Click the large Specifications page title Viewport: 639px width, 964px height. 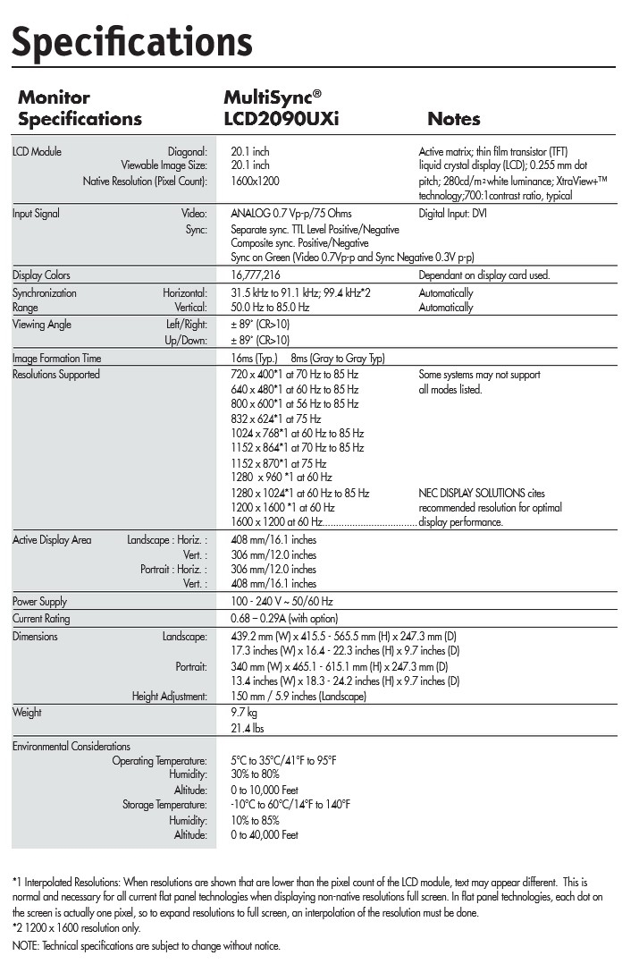point(132,41)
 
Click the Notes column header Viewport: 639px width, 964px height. point(453,119)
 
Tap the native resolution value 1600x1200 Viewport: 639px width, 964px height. point(254,181)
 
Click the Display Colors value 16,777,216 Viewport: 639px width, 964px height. point(255,275)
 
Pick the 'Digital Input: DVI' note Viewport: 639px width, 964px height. point(452,214)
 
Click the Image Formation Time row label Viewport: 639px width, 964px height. point(56,359)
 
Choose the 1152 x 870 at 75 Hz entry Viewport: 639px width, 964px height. point(278,463)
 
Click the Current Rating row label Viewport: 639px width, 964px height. point(40,619)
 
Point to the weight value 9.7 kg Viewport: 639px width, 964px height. point(244,714)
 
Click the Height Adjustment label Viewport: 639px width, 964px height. point(169,697)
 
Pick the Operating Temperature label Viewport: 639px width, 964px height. point(159,761)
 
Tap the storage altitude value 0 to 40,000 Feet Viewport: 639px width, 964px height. point(264,835)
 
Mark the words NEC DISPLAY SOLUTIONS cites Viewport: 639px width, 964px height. point(481,493)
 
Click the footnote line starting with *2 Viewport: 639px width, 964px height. point(76,928)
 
